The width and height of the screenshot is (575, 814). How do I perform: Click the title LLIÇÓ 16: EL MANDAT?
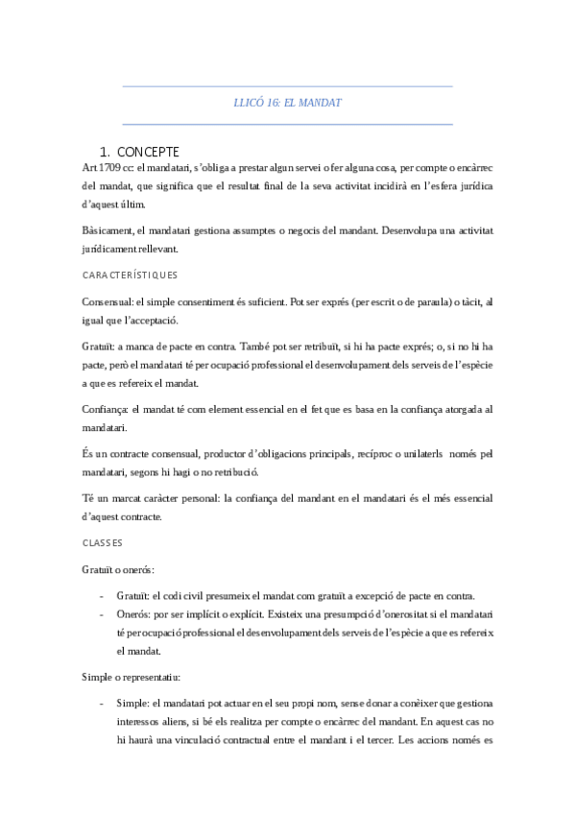288,102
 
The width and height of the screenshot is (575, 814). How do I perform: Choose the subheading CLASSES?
104,543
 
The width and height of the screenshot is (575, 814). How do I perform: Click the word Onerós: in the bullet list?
135,613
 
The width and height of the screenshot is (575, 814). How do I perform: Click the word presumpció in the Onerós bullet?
347,613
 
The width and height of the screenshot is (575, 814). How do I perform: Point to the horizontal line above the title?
288,87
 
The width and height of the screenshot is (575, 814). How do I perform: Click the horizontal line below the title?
288,124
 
